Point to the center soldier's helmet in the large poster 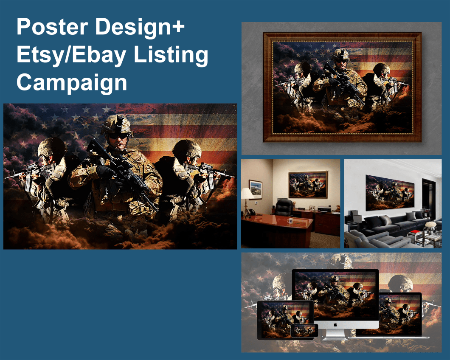[x=117, y=123]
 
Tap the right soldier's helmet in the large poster [x=187, y=149]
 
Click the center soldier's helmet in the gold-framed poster [x=340, y=55]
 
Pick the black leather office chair [x=283, y=208]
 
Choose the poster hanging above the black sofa [x=390, y=192]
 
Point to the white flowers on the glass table [x=431, y=224]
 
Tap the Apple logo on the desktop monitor [x=335, y=324]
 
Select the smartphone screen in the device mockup [x=304, y=330]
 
